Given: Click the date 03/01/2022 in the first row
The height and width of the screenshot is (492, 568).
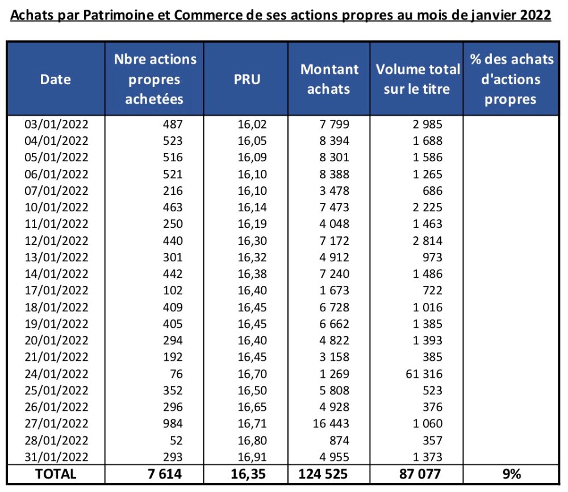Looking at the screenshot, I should pos(56,123).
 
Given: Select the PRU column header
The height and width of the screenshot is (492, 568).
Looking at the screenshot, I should pos(247,79).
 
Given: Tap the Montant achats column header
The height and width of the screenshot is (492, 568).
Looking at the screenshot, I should pos(329,79).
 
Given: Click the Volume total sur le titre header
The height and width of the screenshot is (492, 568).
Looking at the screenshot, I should pos(417,79).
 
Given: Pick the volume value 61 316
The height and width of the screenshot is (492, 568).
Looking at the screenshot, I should pos(421,373).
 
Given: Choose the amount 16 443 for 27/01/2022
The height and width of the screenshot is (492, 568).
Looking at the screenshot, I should pos(331,423).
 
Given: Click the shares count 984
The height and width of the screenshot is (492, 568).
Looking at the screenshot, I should pos(172,423).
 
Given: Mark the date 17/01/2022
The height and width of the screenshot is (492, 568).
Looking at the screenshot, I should pos(56,290).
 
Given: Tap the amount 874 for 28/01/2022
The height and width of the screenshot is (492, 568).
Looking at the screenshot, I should pos(339,440).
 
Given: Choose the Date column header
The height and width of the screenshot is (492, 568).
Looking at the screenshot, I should pos(55,79).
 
